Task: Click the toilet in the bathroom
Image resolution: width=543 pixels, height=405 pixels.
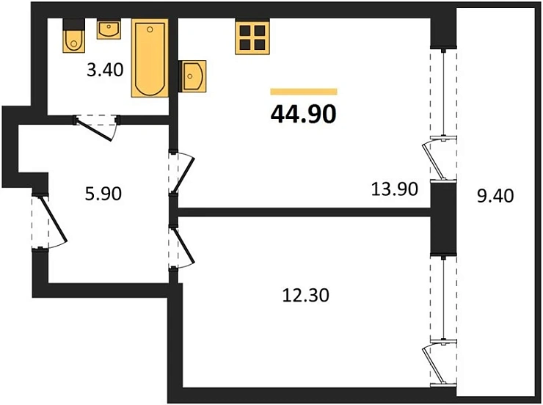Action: [x=74, y=39]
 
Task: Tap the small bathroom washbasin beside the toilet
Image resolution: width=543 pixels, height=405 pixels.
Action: [x=109, y=31]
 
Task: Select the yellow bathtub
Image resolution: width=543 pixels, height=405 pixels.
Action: [x=150, y=59]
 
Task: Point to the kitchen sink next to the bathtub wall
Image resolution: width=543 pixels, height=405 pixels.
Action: [x=194, y=74]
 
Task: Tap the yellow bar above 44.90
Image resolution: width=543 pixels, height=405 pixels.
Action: [x=303, y=92]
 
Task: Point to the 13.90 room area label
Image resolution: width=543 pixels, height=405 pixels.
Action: [x=394, y=189]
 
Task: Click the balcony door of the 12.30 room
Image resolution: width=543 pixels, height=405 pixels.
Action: [x=437, y=362]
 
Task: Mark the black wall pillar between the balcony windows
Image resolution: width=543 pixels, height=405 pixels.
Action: [x=442, y=217]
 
